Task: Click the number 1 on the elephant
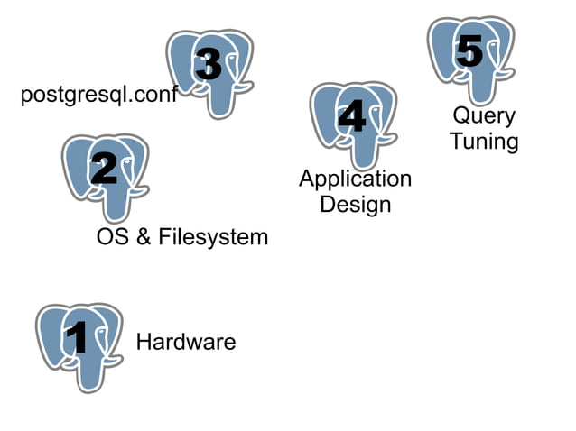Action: click(x=78, y=339)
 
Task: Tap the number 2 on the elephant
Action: click(x=104, y=169)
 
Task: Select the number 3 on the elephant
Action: click(x=209, y=64)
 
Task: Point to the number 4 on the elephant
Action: click(x=351, y=116)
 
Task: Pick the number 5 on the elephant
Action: click(x=469, y=50)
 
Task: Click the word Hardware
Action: click(x=185, y=343)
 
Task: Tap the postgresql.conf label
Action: click(x=98, y=96)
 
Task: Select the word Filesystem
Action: click(x=213, y=237)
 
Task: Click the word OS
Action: click(x=112, y=237)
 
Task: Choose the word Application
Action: click(x=355, y=179)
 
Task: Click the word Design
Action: click(x=356, y=204)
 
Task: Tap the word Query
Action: click(x=484, y=116)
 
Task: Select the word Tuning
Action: click(x=484, y=142)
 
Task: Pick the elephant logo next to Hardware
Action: click(x=78, y=346)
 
